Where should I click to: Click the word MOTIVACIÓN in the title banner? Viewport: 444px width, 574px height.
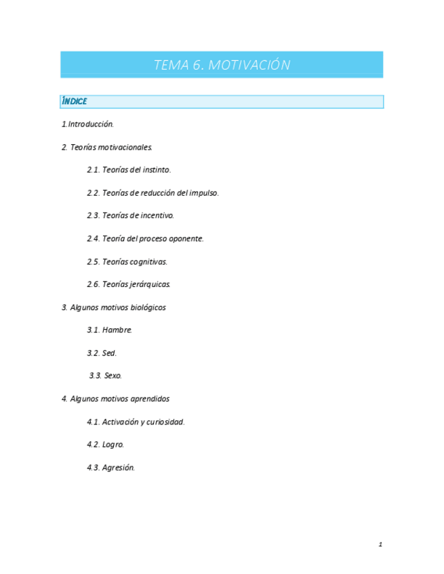249,65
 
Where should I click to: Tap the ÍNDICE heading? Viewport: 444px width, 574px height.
75,102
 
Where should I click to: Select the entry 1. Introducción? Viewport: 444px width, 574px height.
88,124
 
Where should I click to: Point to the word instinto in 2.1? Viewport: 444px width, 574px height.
156,170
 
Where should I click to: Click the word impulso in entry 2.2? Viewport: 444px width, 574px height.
203,193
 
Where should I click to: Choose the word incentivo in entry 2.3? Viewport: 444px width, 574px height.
158,216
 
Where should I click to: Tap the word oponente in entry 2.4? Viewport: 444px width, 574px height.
187,239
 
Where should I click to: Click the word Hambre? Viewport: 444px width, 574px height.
117,330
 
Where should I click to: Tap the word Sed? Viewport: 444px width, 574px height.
110,353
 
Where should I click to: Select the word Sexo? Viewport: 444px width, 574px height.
113,376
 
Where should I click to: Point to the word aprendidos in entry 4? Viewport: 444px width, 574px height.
147,399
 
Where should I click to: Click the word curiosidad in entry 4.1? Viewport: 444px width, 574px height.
166,422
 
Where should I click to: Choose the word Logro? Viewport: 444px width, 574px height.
113,445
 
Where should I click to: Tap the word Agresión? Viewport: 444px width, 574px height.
119,468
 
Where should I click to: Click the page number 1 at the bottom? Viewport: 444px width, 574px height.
381,545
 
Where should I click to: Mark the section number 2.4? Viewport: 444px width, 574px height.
93,239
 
